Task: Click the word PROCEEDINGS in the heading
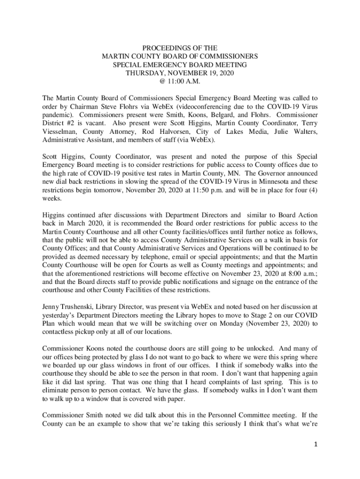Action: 158,48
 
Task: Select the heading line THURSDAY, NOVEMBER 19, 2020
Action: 180,73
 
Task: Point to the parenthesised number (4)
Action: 311,191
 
